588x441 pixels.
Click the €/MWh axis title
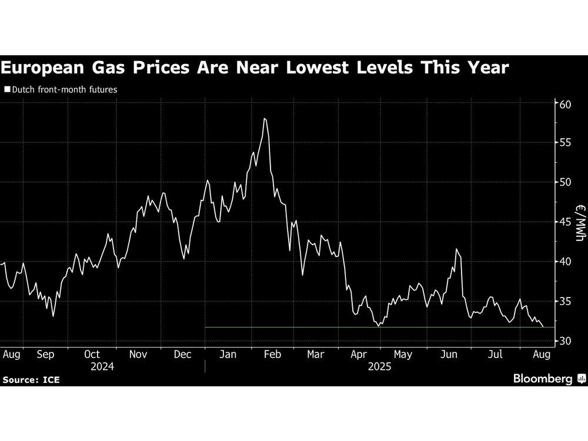point(579,223)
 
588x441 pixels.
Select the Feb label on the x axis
point(272,355)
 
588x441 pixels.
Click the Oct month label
point(92,355)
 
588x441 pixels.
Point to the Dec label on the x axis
point(182,355)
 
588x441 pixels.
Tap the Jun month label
point(449,355)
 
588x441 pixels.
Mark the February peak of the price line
point(265,119)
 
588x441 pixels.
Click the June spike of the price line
point(456,249)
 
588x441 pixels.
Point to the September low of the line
point(54,316)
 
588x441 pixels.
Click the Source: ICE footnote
point(31,380)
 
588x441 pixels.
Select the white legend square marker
point(7,90)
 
